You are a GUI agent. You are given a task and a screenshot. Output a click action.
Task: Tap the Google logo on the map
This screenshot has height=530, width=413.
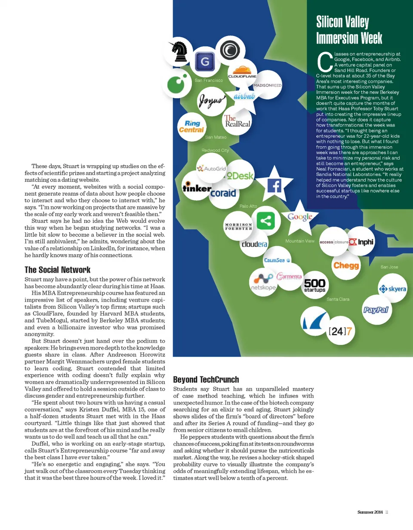[x=300, y=217]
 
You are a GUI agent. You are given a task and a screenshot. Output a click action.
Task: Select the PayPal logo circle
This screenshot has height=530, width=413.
[x=376, y=310]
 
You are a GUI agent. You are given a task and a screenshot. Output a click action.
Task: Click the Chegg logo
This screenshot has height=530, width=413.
[x=346, y=265]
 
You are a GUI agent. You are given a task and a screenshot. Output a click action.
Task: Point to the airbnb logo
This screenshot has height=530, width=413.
[x=244, y=96]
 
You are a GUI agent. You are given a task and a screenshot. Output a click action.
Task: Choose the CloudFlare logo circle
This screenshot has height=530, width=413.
[x=242, y=73]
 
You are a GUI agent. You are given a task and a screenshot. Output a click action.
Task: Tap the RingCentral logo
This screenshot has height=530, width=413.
[x=191, y=126]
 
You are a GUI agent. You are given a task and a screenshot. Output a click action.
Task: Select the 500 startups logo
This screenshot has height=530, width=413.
[x=314, y=285]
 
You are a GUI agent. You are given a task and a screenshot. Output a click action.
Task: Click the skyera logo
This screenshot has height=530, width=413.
[x=392, y=289]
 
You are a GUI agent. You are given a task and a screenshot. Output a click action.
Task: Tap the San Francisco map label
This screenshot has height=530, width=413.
[x=209, y=80]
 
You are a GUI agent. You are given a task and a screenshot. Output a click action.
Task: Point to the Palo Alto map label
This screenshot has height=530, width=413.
[x=248, y=206]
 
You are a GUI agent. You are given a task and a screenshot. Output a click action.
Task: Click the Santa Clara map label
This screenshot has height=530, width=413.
[x=338, y=299]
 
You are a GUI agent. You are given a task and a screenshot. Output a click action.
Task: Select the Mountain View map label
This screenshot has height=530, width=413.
[x=300, y=241]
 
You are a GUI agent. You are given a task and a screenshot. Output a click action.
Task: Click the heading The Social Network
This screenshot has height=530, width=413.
[x=57, y=270]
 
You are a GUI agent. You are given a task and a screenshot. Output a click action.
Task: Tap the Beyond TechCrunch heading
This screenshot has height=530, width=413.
[x=206, y=379]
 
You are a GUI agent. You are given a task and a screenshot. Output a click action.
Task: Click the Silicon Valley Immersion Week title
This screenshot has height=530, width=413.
[x=349, y=30]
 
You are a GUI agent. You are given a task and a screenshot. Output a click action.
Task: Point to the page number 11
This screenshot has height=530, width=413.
[x=387, y=512]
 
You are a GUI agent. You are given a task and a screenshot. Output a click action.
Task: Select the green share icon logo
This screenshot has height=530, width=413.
[x=266, y=221]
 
